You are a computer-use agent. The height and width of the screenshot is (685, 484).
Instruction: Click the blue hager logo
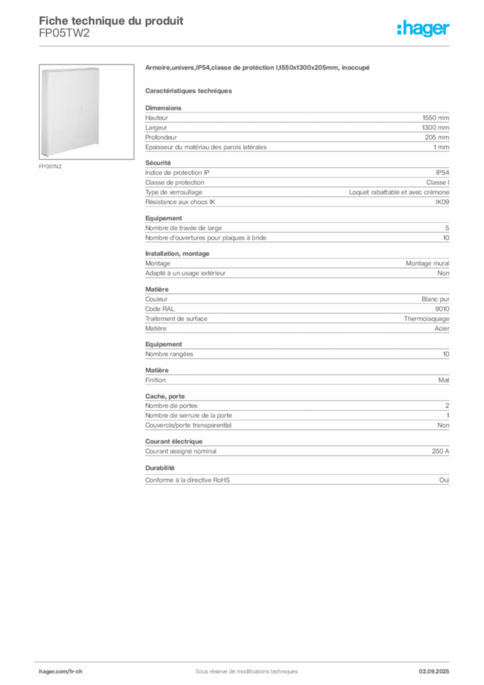pos(425,29)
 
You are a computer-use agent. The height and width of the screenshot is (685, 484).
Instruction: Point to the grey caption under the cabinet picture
pos(51,167)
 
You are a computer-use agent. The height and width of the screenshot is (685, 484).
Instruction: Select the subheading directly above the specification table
pos(190,90)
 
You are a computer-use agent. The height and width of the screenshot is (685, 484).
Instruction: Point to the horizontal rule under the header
pos(245,45)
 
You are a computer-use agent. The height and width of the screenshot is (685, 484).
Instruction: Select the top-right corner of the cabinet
pos(100,68)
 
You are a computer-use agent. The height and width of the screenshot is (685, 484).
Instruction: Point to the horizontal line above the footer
pos(245,660)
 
